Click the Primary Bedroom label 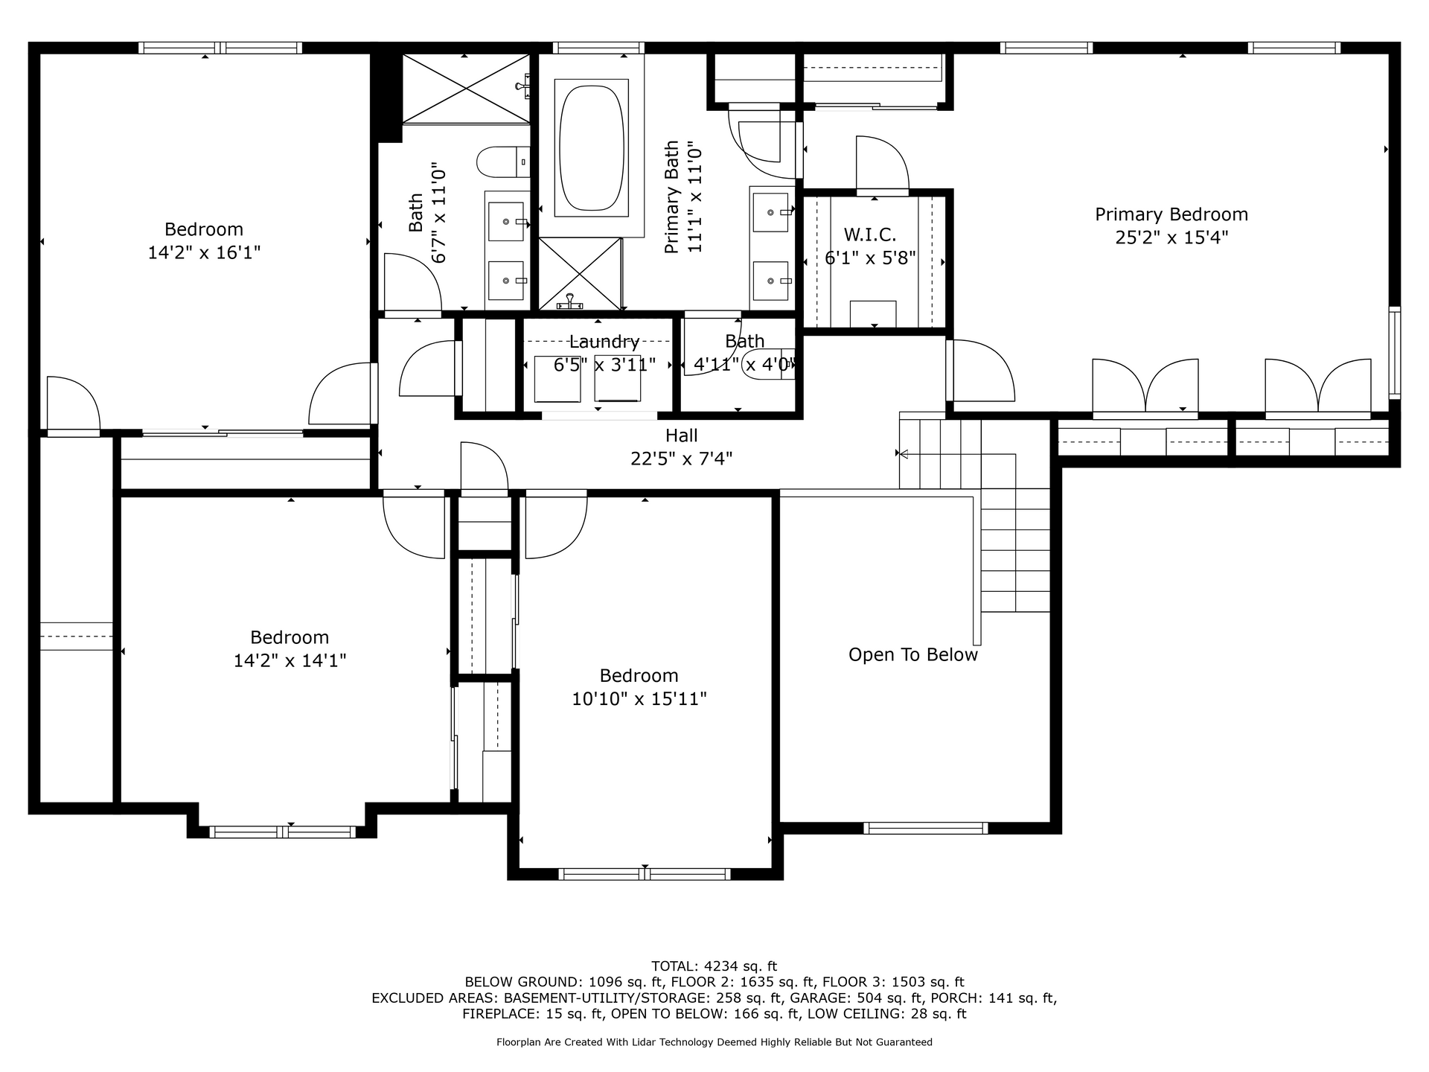coord(1171,214)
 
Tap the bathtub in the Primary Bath coord(591,148)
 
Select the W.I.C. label coord(869,235)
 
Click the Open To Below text coord(913,654)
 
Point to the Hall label coord(681,435)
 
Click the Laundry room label coord(604,342)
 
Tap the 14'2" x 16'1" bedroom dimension coord(204,252)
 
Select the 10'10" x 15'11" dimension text coord(639,699)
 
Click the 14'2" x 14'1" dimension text coord(290,660)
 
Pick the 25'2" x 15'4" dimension coord(1171,237)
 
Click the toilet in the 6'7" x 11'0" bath coord(502,162)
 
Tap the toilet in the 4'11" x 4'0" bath coord(768,365)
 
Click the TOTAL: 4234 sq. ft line coord(714,966)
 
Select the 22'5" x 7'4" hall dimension coord(681,459)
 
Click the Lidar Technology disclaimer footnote coord(714,1042)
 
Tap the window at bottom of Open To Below coord(925,828)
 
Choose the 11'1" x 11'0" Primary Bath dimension coord(695,197)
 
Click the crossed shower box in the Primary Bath coord(580,273)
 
